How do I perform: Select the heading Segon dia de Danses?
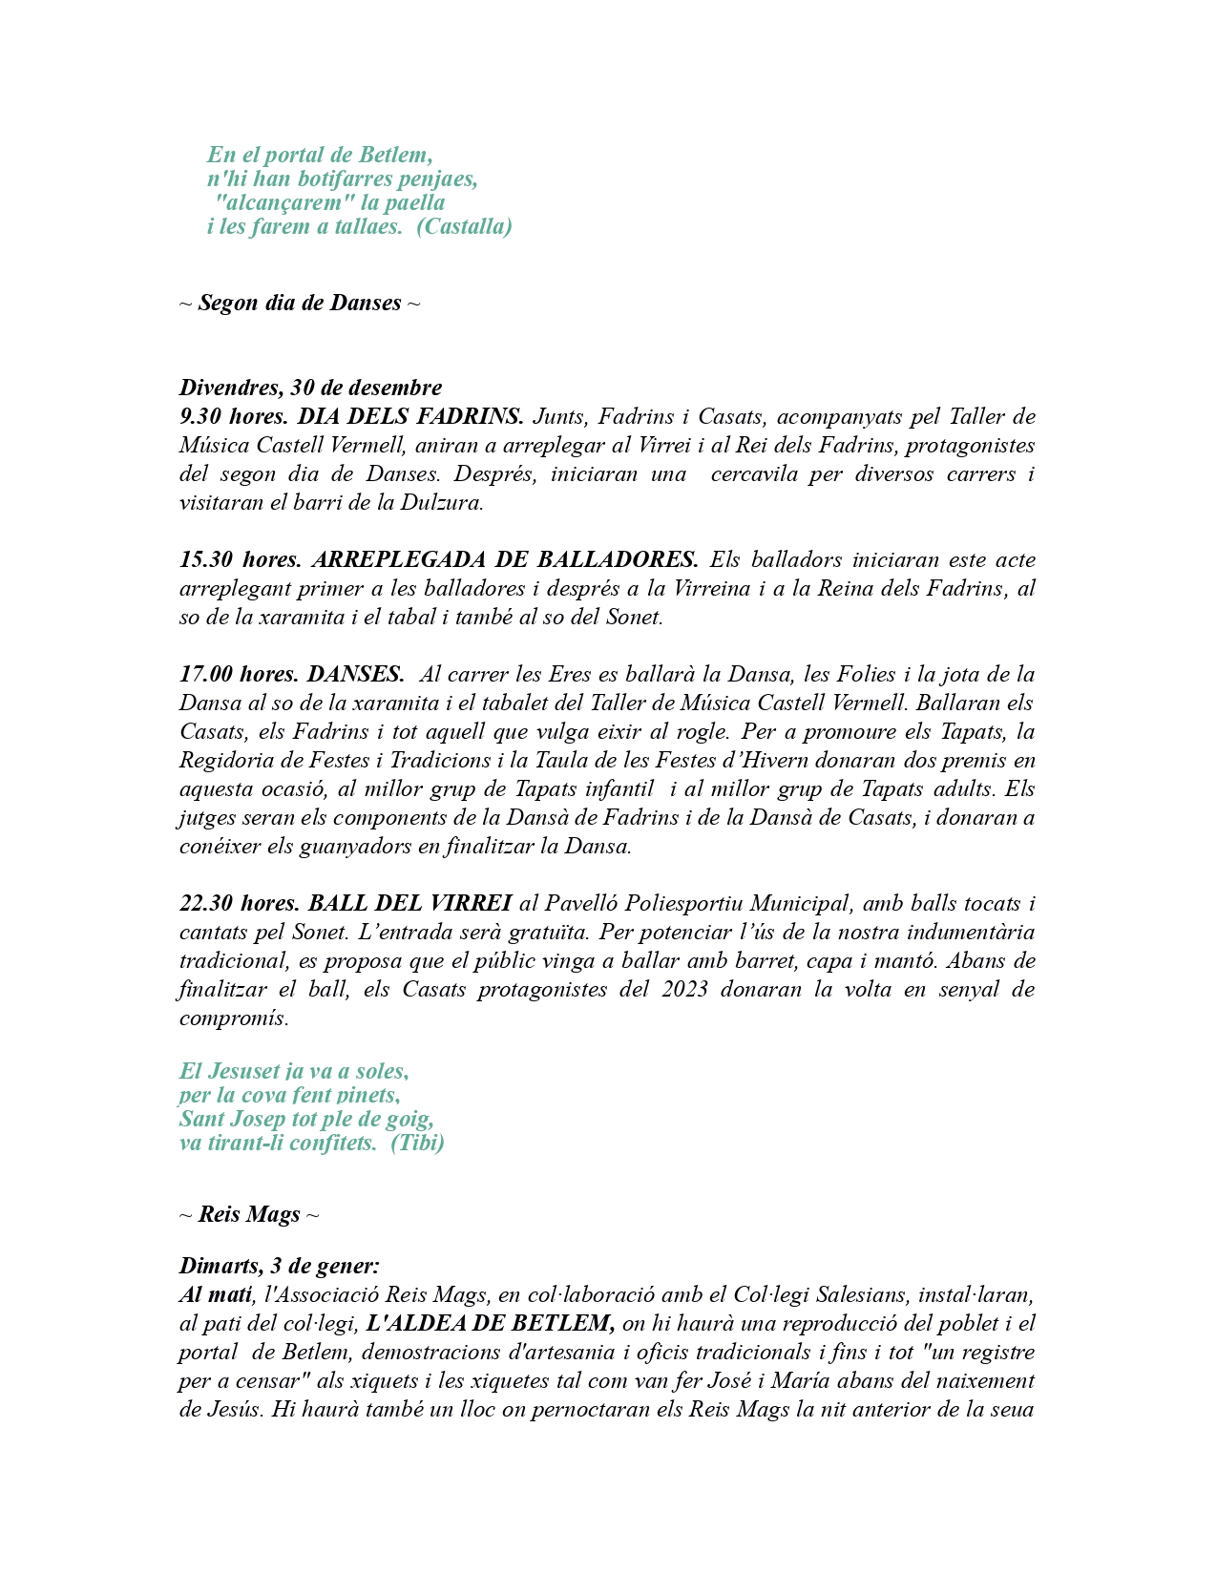[x=299, y=304]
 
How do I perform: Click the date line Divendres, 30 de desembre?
[x=310, y=388]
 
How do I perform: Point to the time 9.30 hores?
[x=233, y=417]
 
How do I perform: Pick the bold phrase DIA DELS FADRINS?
[x=410, y=417]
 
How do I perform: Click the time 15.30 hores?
[x=240, y=560]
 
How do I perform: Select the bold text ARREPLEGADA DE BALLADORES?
[x=505, y=560]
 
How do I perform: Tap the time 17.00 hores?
[x=239, y=675]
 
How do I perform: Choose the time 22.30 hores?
[x=240, y=904]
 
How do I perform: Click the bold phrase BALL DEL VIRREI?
[x=410, y=904]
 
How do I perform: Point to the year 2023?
[x=684, y=990]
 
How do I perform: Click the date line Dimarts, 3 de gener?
[x=279, y=1267]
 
